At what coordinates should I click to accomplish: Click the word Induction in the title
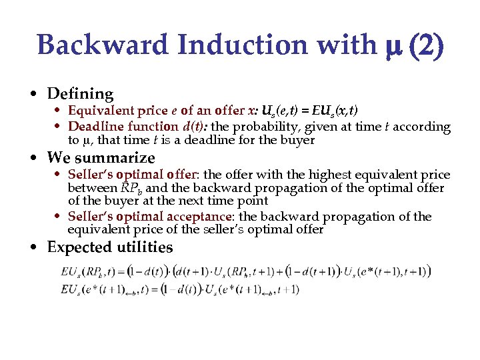click(x=220, y=45)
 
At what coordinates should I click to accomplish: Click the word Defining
click(x=81, y=94)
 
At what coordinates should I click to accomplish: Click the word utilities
click(x=144, y=247)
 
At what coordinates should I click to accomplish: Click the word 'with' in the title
click(x=344, y=45)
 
